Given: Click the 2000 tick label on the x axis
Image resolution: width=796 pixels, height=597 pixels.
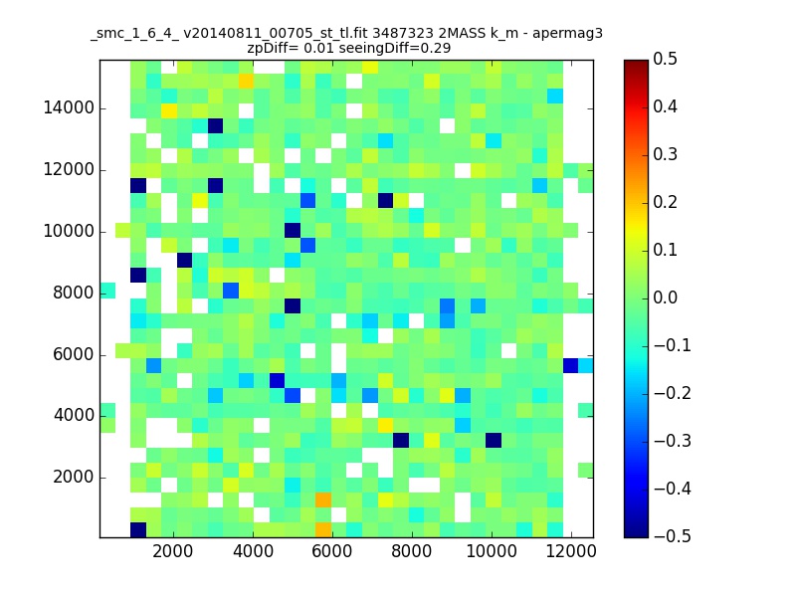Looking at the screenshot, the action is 172,551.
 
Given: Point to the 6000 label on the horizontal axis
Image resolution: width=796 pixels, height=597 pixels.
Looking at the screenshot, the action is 331,551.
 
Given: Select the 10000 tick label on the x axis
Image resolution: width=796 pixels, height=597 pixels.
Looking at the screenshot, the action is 491,551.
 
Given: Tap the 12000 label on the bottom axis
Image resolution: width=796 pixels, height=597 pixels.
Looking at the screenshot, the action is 570,551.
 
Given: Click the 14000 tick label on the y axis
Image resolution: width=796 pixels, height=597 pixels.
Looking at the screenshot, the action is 69,108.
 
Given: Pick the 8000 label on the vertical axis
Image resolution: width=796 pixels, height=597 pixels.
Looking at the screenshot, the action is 74,293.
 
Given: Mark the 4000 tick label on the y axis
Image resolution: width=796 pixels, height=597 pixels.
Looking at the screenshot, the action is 74,416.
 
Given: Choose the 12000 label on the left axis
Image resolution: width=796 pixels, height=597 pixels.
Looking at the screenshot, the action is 69,169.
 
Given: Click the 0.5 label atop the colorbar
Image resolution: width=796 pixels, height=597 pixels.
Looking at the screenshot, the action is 665,60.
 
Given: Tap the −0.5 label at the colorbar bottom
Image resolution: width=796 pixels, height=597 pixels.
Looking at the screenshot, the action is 673,536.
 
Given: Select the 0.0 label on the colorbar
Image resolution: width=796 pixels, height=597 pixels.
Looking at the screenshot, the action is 665,298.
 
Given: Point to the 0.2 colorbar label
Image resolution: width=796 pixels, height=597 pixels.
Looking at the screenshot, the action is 665,203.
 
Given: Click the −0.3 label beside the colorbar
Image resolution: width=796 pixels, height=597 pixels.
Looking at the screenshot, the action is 673,441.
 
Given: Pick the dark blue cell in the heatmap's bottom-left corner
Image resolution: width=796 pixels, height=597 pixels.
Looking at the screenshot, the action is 138,530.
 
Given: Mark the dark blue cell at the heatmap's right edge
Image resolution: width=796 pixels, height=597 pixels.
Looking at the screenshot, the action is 570,365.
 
